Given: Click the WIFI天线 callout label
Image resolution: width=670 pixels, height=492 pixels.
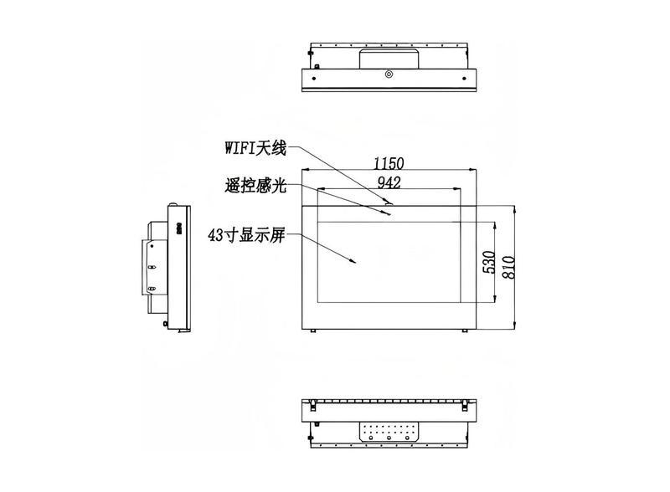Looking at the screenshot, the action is (x=255, y=149).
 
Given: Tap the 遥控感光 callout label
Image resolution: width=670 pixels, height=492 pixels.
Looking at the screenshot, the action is (x=255, y=186).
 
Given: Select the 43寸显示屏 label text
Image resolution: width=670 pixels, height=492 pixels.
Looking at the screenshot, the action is (x=246, y=235).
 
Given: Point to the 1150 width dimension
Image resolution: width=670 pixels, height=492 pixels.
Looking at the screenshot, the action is (x=389, y=163).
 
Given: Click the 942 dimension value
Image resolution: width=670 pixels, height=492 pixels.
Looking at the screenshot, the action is (x=389, y=182).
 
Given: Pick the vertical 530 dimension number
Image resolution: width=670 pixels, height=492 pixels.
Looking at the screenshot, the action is (x=488, y=262).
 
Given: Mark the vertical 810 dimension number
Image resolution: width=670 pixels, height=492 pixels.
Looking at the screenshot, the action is (x=508, y=268).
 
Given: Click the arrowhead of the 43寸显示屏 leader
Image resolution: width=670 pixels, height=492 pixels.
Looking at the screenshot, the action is (x=353, y=261).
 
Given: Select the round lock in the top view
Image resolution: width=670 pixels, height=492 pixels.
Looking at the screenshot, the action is (x=389, y=74).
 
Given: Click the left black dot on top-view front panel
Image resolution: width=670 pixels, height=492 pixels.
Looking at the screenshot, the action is (x=314, y=79).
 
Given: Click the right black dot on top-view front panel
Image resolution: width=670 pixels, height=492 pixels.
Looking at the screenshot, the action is (x=464, y=79).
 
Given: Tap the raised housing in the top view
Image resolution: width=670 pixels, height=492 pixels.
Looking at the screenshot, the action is (x=389, y=59).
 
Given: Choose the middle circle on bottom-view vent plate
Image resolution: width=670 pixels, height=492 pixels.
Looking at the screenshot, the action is (x=389, y=438).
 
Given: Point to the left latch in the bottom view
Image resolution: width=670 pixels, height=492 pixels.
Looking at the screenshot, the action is (x=313, y=405).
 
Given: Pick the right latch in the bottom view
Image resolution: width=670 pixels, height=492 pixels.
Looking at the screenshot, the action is (x=465, y=405).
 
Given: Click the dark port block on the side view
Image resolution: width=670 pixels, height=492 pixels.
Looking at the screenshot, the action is (x=179, y=228).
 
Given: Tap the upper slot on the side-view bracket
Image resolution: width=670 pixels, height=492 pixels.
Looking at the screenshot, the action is (x=152, y=266).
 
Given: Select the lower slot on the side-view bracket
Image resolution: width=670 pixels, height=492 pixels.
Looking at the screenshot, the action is (x=152, y=290).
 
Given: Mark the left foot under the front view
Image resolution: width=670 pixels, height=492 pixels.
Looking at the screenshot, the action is (x=313, y=331).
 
